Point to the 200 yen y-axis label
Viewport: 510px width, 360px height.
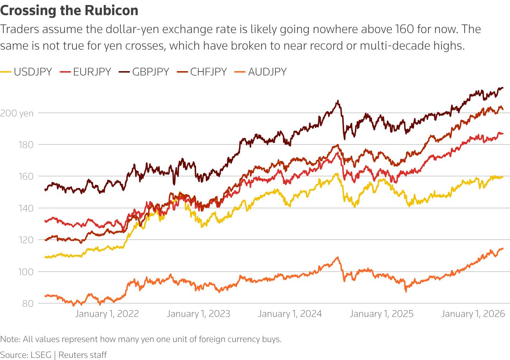[17, 113]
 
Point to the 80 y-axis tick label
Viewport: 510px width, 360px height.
[28, 304]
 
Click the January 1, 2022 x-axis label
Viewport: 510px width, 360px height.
[107, 314]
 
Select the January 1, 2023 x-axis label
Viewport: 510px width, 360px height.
[198, 314]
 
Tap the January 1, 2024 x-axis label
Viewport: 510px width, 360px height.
[290, 314]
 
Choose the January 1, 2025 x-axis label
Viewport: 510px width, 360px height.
[381, 314]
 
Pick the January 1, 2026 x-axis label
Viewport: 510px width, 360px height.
[473, 314]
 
